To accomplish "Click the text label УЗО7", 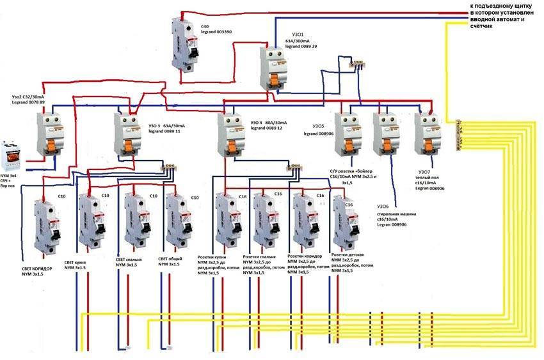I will [x=424, y=172].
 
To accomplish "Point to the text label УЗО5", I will [x=319, y=126].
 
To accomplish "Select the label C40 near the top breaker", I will [x=205, y=26].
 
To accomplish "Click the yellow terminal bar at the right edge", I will [x=458, y=134].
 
